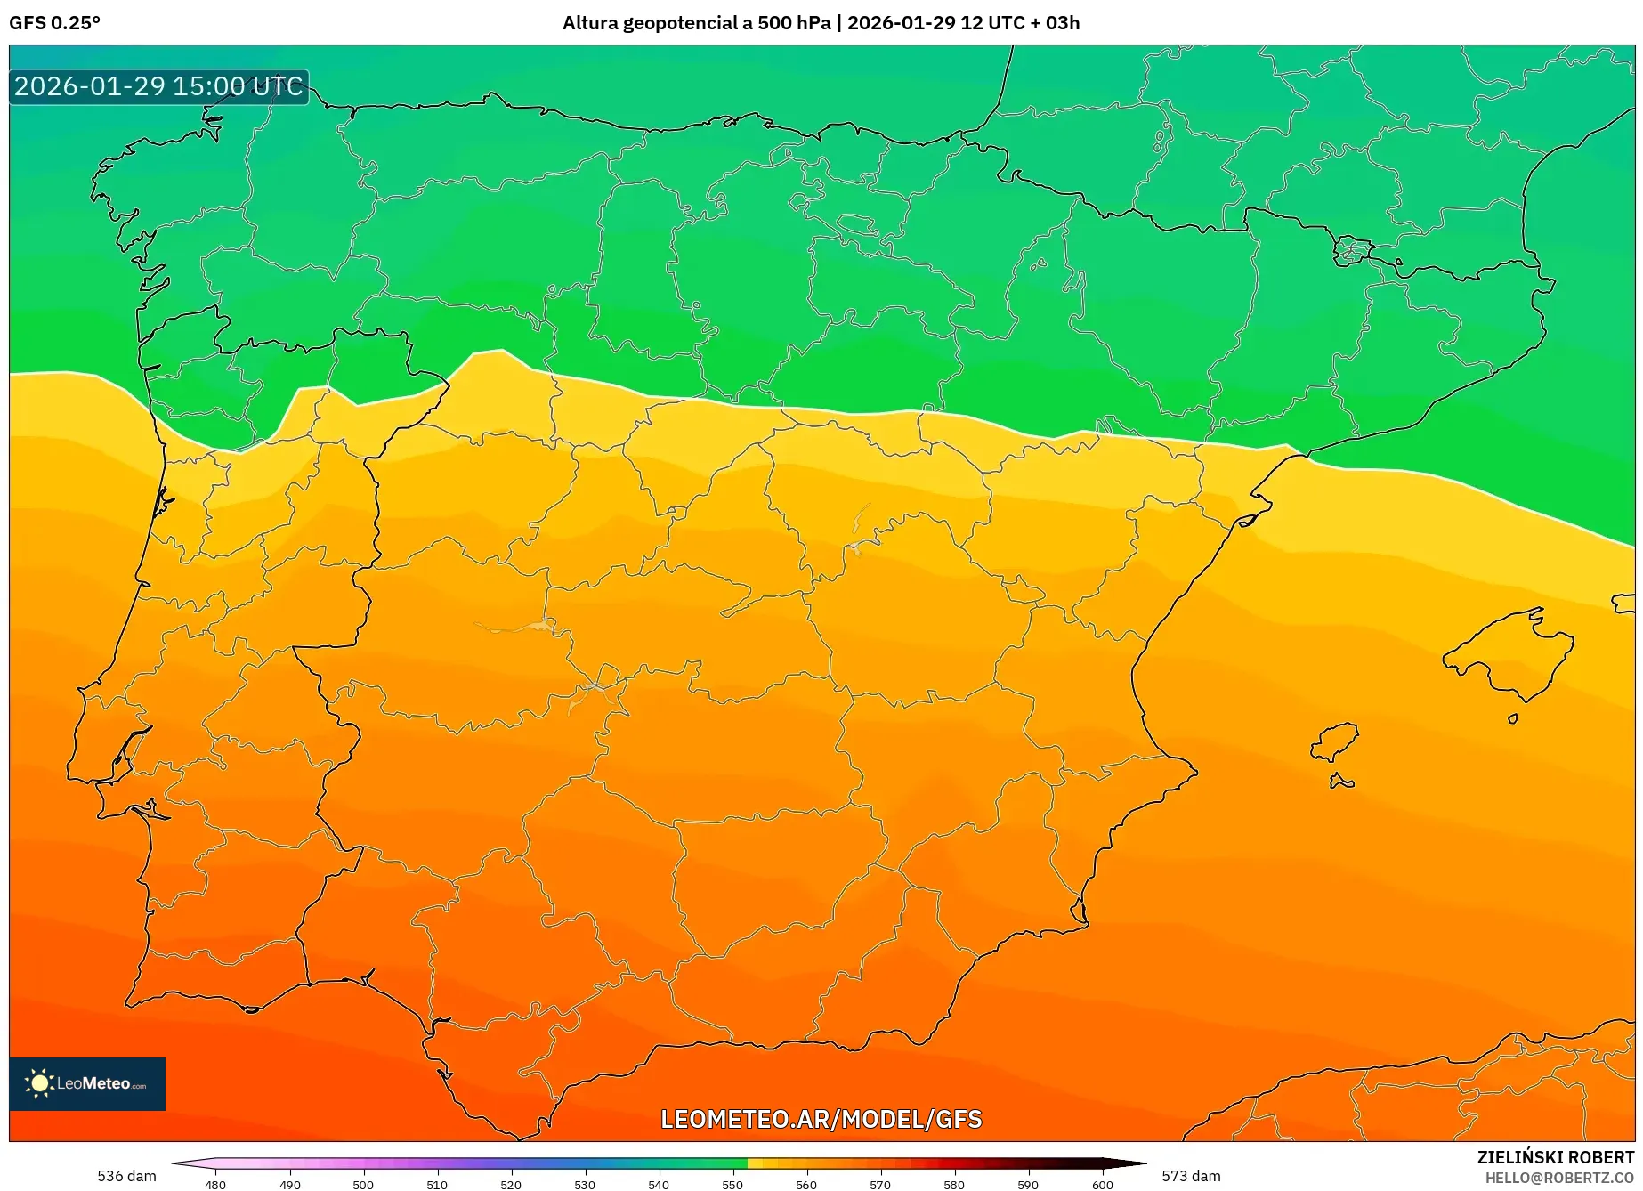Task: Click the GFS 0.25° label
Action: coord(54,23)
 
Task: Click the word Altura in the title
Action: coord(590,23)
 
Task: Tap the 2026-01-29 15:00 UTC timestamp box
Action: coord(158,86)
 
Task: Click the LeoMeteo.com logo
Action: coord(87,1083)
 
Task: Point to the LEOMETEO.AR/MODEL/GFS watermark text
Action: coord(821,1119)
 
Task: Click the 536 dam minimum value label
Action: coord(126,1176)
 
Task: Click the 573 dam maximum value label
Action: coord(1191,1176)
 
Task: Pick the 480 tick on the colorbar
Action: coord(215,1184)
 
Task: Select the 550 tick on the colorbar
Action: coord(732,1184)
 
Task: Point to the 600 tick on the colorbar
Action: coord(1102,1184)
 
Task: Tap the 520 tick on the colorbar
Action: coord(511,1184)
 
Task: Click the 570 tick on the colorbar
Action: coord(880,1184)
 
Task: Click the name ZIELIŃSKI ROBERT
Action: coord(1555,1157)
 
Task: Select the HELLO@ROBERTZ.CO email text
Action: coord(1559,1178)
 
